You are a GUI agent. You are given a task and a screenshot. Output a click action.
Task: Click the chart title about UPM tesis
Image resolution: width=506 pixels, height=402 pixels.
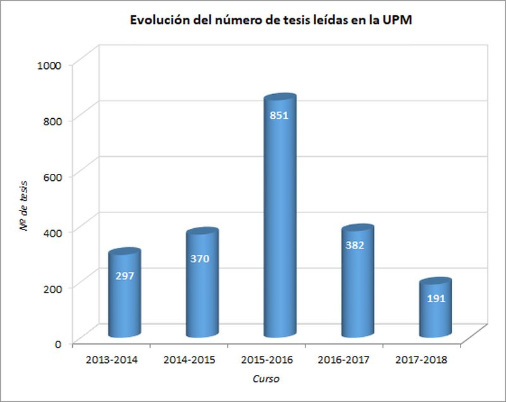(x=271, y=21)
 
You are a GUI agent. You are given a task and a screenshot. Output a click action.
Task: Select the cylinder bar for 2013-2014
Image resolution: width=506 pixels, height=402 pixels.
(x=124, y=303)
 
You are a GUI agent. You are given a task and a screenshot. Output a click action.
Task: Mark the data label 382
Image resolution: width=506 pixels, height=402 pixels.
(x=357, y=245)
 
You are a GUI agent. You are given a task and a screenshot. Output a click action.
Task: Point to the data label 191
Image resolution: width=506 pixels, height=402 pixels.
(x=435, y=298)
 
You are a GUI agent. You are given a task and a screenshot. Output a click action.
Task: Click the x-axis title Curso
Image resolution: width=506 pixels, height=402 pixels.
(x=266, y=379)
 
